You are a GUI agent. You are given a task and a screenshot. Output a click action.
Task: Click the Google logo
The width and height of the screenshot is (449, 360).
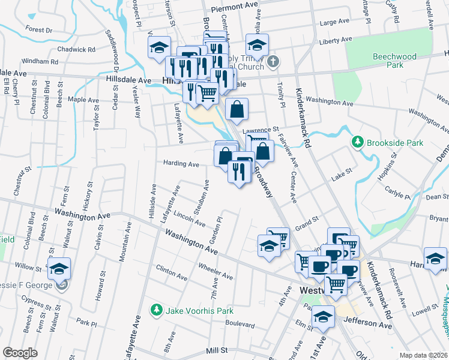pyautogui.click(x=20, y=353)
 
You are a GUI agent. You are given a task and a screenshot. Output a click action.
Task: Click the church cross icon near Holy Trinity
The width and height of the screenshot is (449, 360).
pyautogui.click(x=273, y=61)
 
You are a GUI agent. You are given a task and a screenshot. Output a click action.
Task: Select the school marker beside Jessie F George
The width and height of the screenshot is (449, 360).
pyautogui.click(x=59, y=268)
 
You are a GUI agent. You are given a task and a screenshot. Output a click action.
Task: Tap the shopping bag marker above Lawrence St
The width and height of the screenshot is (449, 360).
pyautogui.click(x=237, y=109)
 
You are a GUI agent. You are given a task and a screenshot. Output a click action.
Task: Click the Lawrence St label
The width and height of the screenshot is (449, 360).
pyautogui.click(x=261, y=130)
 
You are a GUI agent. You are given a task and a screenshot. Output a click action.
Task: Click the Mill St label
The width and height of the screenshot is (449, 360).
pyautogui.click(x=217, y=349)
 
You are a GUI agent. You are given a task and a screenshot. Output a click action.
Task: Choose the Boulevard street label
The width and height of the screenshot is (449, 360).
pyautogui.click(x=240, y=322)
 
